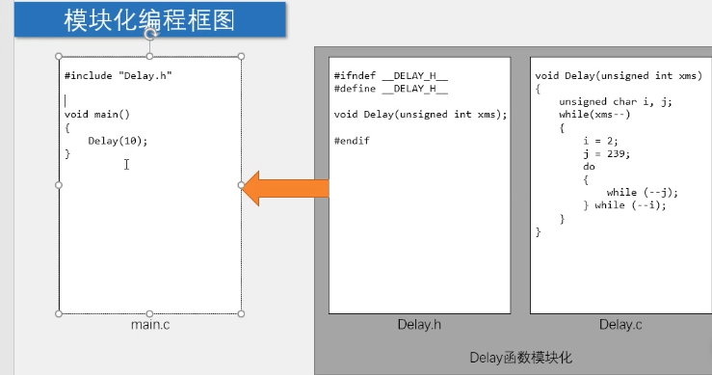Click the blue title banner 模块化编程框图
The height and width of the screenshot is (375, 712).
click(149, 19)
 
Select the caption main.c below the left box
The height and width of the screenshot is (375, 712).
click(150, 325)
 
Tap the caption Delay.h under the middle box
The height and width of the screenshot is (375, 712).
click(419, 325)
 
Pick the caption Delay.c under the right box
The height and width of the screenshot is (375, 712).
click(620, 325)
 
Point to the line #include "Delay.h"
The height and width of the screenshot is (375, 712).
click(119, 75)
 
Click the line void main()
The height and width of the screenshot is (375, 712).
click(97, 114)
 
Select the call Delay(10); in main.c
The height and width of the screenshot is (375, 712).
click(118, 141)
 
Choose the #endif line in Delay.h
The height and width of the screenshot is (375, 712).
click(352, 141)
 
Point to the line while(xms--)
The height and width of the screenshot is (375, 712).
click(595, 114)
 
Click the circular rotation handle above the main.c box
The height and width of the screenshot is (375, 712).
click(150, 33)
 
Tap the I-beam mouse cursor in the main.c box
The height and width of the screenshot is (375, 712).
click(126, 165)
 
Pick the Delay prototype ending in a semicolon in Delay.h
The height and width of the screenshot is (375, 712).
click(420, 114)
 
